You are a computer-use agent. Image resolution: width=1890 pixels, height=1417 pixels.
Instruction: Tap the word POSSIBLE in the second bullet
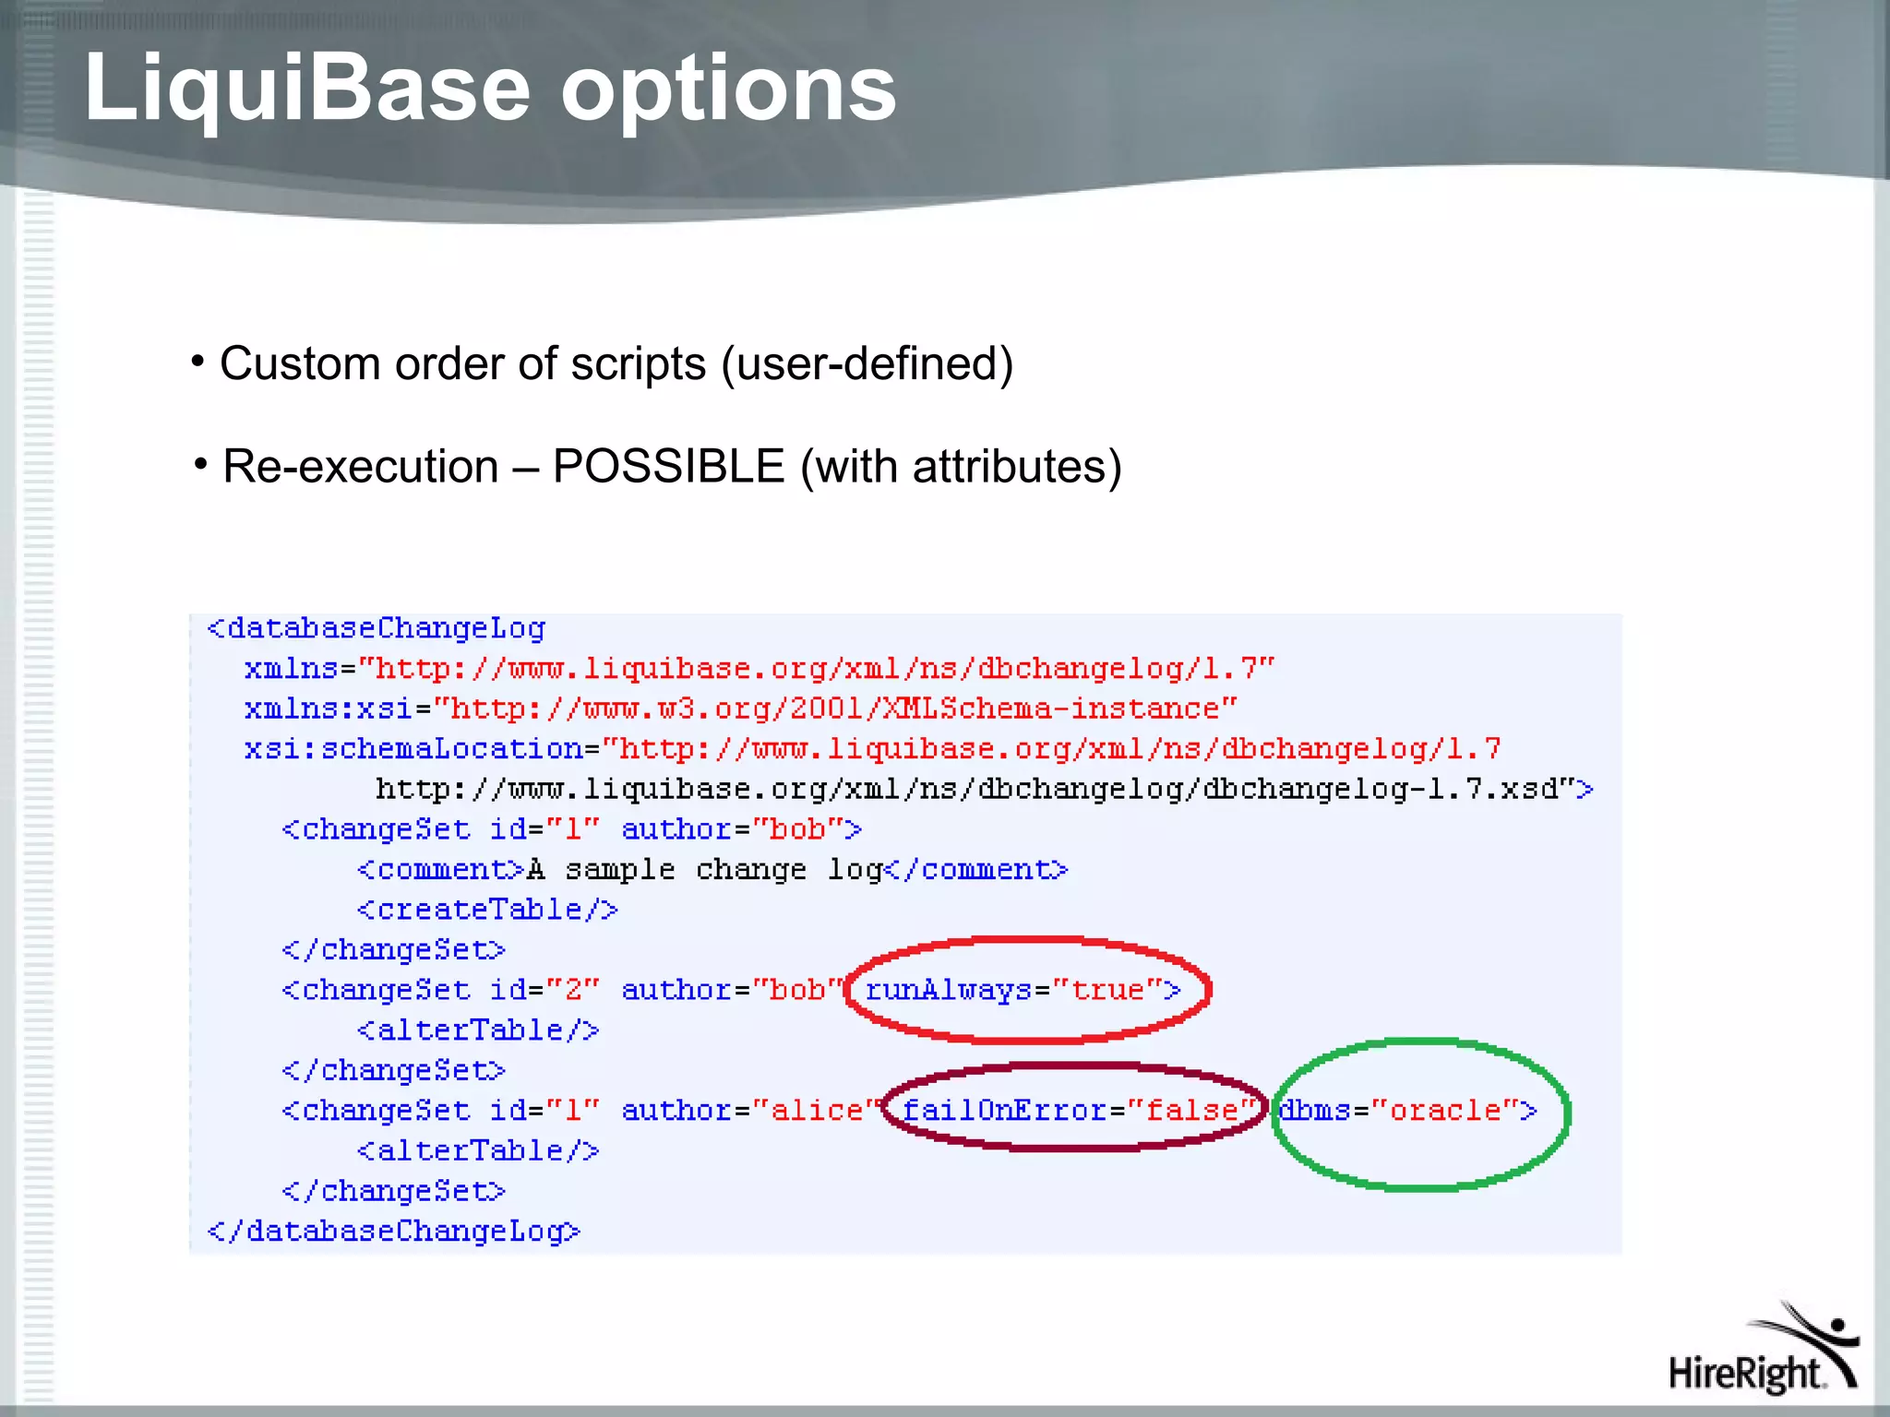[x=668, y=466]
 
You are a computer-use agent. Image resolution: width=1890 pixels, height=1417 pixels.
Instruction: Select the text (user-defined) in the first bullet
[x=867, y=363]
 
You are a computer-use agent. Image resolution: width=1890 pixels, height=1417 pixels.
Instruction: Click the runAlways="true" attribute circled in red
[x=1023, y=990]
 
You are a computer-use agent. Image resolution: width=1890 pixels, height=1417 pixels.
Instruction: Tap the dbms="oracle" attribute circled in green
[x=1407, y=1110]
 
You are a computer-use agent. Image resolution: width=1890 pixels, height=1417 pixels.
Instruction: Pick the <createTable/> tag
[x=487, y=910]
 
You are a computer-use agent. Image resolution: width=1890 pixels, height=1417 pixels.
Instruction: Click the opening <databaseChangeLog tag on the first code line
[x=377, y=628]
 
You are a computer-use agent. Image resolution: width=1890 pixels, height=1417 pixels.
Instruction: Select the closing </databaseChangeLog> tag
[x=394, y=1232]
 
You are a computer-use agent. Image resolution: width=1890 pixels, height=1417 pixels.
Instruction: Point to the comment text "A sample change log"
[x=705, y=870]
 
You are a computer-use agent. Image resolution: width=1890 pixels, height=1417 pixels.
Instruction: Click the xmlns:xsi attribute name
[x=328, y=708]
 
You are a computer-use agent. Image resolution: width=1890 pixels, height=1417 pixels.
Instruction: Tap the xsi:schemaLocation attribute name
[x=413, y=748]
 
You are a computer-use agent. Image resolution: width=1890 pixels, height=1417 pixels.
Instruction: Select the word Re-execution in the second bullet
[x=361, y=466]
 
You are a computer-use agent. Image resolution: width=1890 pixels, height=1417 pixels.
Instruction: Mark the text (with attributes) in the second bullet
[x=961, y=466]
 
